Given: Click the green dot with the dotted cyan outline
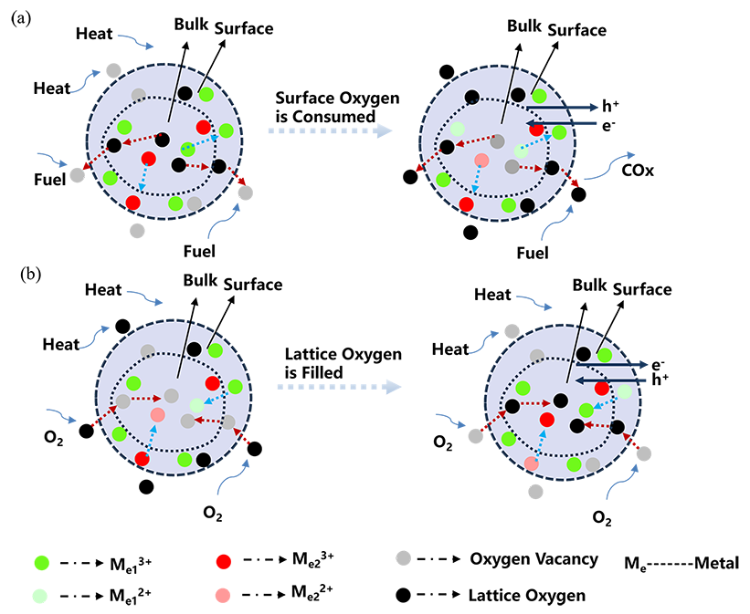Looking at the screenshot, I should [x=188, y=149].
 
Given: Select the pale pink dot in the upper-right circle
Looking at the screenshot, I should [x=481, y=161].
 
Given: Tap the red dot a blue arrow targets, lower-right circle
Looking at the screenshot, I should [x=547, y=420].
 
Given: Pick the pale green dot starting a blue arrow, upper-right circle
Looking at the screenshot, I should [x=521, y=151].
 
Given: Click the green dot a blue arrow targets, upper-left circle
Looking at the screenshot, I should [x=188, y=149].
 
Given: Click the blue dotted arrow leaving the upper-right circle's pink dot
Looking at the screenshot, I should [x=473, y=182].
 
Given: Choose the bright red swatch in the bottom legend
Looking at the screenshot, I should [x=209, y=553].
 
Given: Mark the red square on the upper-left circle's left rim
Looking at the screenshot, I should [x=85, y=165].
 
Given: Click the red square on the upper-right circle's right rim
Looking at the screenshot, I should [x=574, y=182].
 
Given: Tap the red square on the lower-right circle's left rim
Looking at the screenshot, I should [x=482, y=427].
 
